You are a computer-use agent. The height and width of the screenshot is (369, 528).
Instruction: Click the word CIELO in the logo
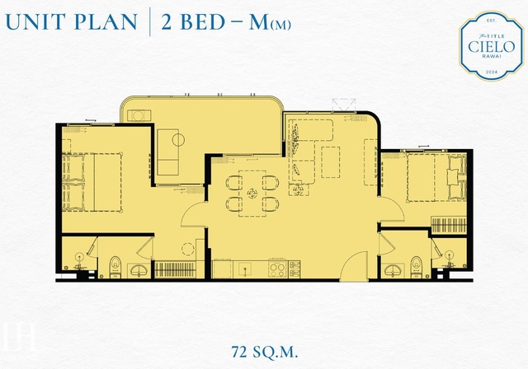[x=492, y=47]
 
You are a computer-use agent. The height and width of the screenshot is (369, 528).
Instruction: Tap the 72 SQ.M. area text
[x=265, y=353]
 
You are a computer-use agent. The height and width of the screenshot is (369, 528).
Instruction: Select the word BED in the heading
[x=203, y=22]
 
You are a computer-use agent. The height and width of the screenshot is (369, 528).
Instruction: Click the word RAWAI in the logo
[x=492, y=56]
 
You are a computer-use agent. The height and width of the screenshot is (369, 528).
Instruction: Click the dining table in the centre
[x=252, y=194]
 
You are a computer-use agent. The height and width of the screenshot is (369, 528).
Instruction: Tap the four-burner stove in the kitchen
[x=278, y=269]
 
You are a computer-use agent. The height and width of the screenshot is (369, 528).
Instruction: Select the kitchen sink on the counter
[x=245, y=269]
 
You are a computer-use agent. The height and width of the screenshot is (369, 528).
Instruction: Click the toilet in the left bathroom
[x=115, y=268]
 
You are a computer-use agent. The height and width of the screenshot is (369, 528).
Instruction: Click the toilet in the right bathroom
[x=416, y=268]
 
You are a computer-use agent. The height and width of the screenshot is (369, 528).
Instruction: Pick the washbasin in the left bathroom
[x=139, y=270]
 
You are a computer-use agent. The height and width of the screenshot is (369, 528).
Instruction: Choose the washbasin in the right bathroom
[x=394, y=270]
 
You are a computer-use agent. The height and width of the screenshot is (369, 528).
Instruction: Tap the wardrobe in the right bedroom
[x=449, y=225]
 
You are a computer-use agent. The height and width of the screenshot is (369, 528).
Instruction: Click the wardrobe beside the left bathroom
[x=175, y=270]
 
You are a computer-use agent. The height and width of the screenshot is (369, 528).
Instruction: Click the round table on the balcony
[x=178, y=139]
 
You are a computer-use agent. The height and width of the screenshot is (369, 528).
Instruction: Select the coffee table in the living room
[x=330, y=162]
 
